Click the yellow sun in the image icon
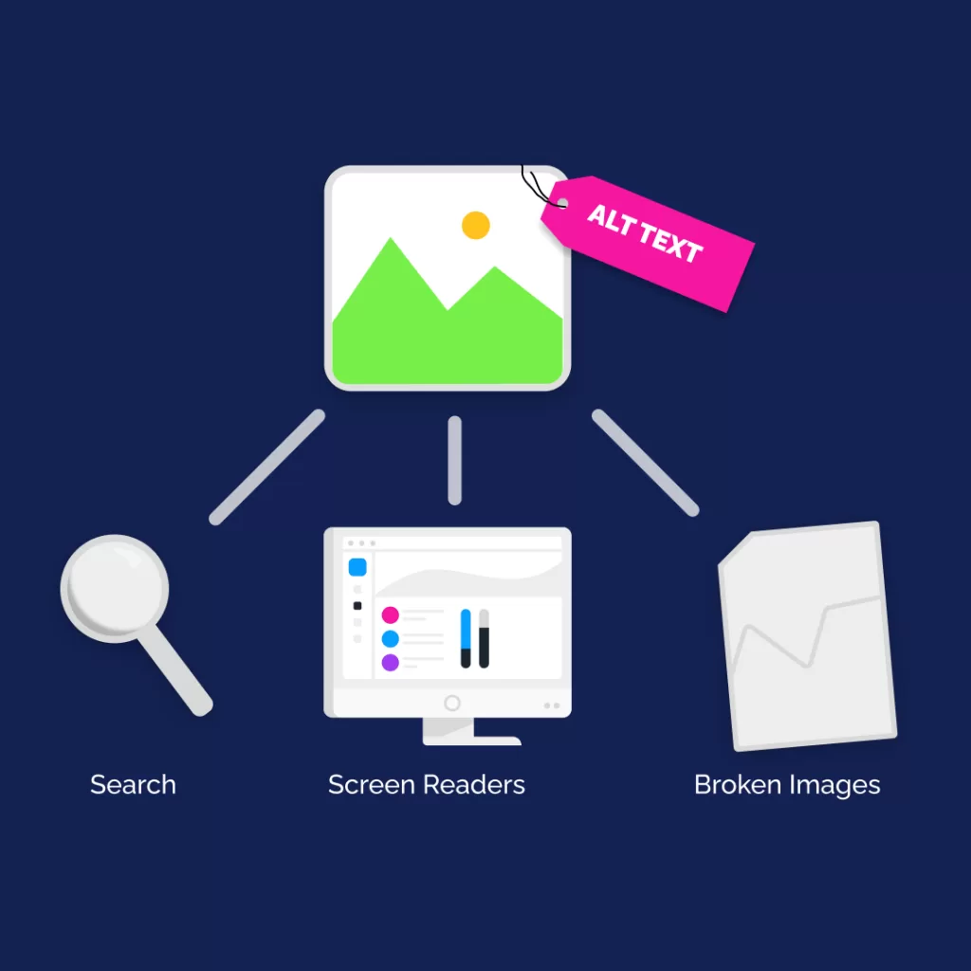click(476, 225)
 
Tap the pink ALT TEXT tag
click(647, 243)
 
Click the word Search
click(133, 784)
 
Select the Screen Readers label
click(427, 784)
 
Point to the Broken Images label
click(787, 785)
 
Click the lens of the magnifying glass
click(115, 588)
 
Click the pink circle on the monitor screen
click(390, 614)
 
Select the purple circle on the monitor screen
click(390, 663)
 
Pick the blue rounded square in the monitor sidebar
click(357, 567)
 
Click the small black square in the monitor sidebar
click(357, 606)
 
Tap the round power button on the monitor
click(452, 703)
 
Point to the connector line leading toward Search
click(266, 467)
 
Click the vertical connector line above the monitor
click(454, 460)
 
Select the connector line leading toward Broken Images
click(645, 463)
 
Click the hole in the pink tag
click(563, 203)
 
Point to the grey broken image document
click(807, 636)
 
